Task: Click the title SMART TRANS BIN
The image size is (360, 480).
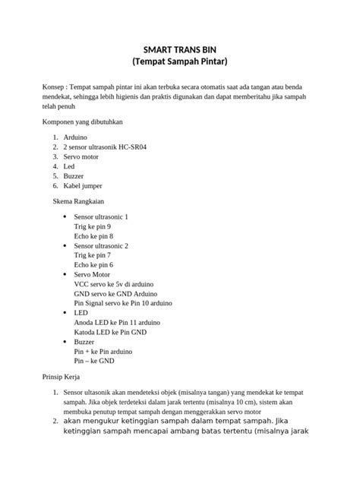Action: click(x=180, y=48)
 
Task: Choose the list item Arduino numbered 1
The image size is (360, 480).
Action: click(x=76, y=137)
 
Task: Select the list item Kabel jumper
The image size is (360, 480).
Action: click(x=83, y=186)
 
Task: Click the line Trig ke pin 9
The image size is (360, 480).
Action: click(x=93, y=227)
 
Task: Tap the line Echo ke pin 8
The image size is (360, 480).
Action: click(x=93, y=237)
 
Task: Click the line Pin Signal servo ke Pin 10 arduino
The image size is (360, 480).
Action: click(x=122, y=303)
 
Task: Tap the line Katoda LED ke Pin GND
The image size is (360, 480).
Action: click(x=109, y=333)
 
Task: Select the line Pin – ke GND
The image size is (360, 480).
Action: click(x=93, y=362)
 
